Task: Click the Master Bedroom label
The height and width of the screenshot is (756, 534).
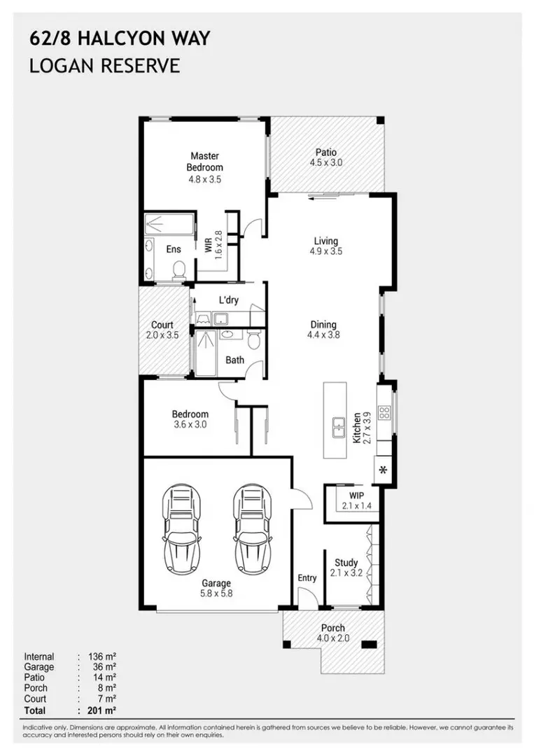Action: (205, 162)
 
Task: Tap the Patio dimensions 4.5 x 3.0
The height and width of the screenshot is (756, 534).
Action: (326, 162)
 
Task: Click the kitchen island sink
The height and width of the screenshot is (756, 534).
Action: (338, 427)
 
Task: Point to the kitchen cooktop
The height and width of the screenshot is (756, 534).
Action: (384, 412)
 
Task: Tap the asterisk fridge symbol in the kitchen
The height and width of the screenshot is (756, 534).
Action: (383, 470)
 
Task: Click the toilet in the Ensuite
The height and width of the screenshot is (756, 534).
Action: (179, 269)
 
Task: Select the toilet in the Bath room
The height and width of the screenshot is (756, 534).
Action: (253, 339)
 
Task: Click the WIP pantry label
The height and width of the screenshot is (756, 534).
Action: (357, 495)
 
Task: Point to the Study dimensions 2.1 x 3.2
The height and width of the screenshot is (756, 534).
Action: (346, 573)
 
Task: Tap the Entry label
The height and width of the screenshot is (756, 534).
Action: (307, 577)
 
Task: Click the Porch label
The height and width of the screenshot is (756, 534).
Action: (333, 628)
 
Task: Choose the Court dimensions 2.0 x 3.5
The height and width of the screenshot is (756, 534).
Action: (162, 335)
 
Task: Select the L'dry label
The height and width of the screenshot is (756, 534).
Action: (228, 300)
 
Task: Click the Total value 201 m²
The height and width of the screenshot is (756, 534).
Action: (102, 710)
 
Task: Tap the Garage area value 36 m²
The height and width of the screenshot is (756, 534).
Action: (104, 667)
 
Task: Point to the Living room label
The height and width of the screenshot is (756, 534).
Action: (326, 241)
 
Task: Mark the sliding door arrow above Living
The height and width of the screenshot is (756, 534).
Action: (323, 195)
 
